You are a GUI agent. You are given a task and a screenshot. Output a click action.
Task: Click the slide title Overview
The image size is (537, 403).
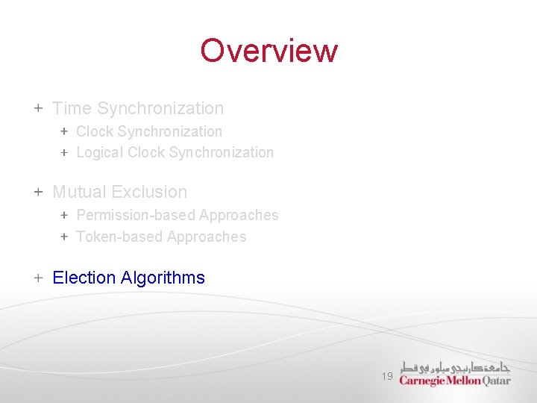click(x=268, y=51)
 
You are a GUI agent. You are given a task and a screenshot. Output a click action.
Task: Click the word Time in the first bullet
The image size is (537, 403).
click(x=72, y=108)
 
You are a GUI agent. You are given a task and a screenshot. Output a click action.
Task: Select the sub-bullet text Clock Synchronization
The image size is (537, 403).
click(x=149, y=131)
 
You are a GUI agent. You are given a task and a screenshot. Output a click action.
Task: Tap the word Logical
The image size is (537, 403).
click(x=100, y=152)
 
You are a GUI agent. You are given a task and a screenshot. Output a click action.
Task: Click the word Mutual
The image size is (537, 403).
click(x=80, y=192)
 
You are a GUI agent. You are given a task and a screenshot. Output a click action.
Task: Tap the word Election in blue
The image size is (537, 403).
click(x=84, y=278)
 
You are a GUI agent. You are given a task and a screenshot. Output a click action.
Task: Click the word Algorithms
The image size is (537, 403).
click(x=163, y=278)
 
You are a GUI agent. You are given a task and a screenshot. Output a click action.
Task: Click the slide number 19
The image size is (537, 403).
click(x=386, y=377)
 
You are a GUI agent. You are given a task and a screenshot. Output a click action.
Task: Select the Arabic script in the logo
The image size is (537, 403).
click(x=455, y=367)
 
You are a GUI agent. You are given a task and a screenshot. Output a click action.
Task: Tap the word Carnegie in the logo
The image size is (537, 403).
click(x=422, y=381)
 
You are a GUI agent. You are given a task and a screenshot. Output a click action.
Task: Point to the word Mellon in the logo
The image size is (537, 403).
click(x=464, y=381)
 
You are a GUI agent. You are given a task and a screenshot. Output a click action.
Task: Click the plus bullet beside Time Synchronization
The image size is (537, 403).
click(x=38, y=108)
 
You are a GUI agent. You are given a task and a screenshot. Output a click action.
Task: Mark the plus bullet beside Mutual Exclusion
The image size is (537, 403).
click(x=38, y=192)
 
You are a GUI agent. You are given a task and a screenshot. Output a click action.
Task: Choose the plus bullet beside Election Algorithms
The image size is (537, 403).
click(x=38, y=278)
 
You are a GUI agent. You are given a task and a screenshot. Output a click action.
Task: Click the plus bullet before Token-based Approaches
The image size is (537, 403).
click(x=64, y=237)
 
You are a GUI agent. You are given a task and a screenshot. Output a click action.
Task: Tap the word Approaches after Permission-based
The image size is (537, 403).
click(x=239, y=215)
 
